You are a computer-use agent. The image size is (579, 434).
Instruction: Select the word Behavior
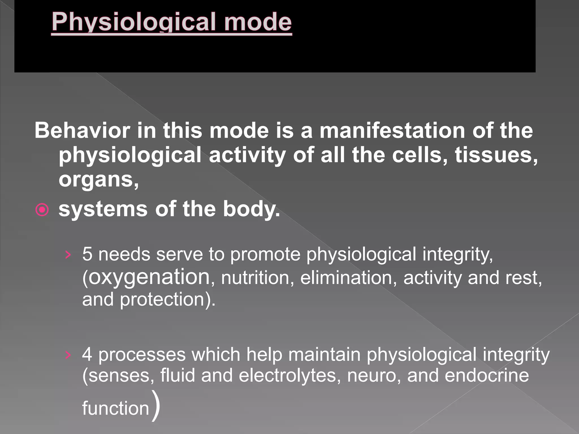coord(82,131)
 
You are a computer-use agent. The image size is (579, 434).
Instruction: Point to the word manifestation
coord(392,131)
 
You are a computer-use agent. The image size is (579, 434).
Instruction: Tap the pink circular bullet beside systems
coord(42,210)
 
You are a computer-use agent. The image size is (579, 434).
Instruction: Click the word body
coord(251,209)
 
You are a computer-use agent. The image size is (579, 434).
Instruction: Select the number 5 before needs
coord(87,254)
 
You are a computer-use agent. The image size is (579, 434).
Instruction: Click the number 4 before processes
coord(87,354)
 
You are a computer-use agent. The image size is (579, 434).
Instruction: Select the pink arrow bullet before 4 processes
coord(68,355)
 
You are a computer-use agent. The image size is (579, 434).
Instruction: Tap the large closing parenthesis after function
coord(156,406)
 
